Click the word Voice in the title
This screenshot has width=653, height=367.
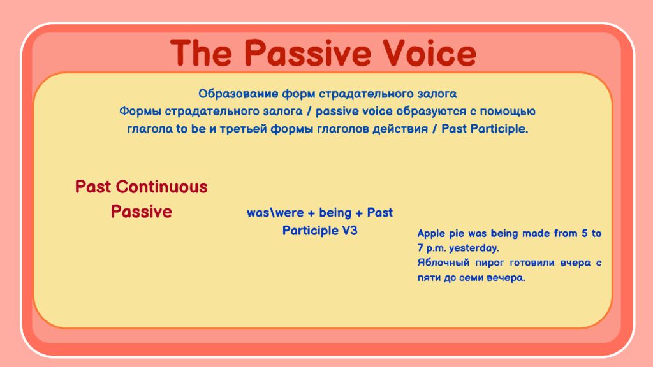point(429,53)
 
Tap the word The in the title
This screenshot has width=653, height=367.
point(202,53)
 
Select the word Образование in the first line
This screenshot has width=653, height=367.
point(238,94)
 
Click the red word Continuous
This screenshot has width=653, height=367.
point(161,187)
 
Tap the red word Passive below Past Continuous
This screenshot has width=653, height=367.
point(142,212)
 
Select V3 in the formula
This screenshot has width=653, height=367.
point(349,231)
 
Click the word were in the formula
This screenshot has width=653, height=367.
point(290,213)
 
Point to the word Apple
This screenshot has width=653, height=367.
point(432,234)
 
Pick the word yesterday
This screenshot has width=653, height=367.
point(474,248)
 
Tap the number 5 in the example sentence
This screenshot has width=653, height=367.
point(585,233)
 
